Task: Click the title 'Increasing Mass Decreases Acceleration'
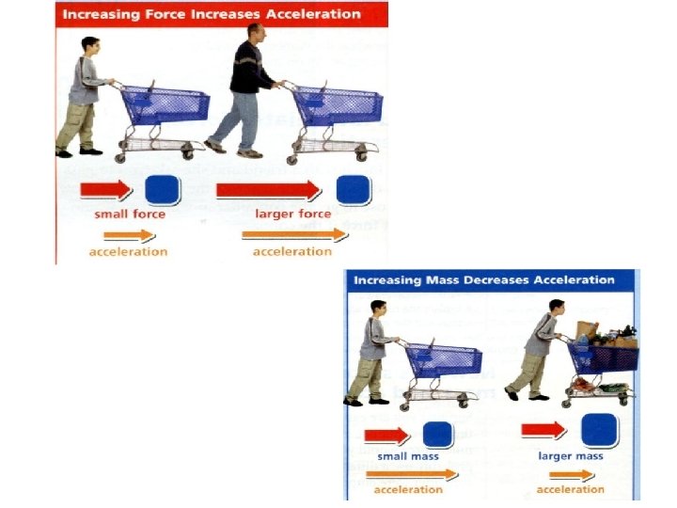(484, 279)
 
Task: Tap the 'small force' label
(129, 214)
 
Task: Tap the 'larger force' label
(292, 214)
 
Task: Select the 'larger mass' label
(570, 456)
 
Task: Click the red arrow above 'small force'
(106, 190)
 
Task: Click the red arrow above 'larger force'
(268, 190)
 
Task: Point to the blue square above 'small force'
(162, 190)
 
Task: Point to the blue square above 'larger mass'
(599, 430)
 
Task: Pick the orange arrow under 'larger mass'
(573, 475)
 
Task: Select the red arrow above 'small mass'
(386, 434)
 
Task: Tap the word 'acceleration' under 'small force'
(129, 251)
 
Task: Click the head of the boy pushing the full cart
(557, 309)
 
